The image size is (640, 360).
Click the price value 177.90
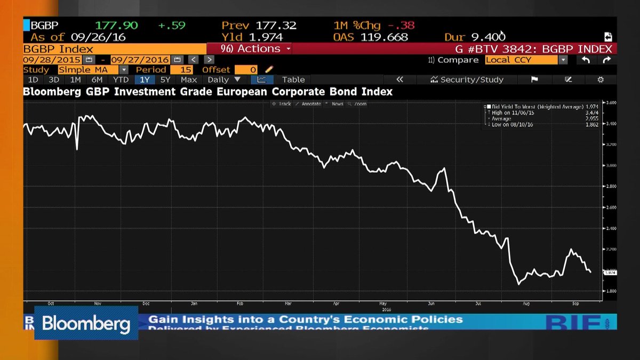(x=116, y=25)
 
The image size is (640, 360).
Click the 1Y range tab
(x=145, y=79)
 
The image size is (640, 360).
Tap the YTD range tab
(x=121, y=79)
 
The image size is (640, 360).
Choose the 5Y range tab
(x=165, y=79)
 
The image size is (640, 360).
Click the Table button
(x=293, y=79)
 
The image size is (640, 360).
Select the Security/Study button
(x=467, y=79)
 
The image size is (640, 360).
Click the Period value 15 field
(x=186, y=70)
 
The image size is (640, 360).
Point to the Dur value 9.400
(x=488, y=37)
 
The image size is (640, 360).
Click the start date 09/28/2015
(x=52, y=60)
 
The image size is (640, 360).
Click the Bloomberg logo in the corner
(x=86, y=323)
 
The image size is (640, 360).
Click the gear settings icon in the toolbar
(x=601, y=79)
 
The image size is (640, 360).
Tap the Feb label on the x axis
(x=239, y=303)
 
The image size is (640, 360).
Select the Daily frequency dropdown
(x=224, y=79)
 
